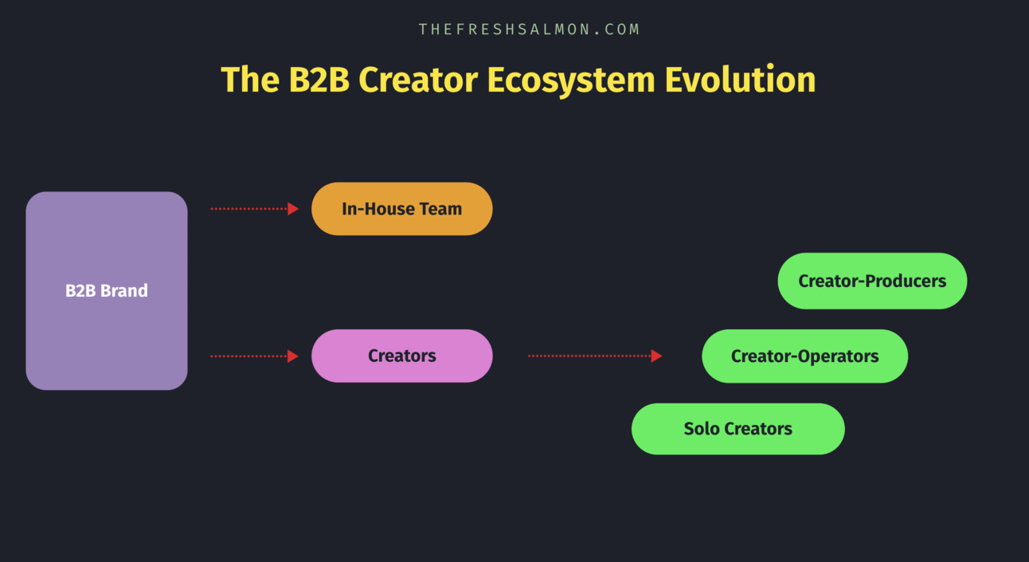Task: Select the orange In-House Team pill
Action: pyautogui.click(x=401, y=209)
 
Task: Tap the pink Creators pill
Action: pyautogui.click(x=401, y=356)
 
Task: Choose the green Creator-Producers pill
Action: pyautogui.click(x=872, y=281)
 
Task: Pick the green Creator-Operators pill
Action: pyautogui.click(x=804, y=356)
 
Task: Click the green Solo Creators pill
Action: pyautogui.click(x=738, y=429)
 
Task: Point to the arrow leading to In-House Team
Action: pyautogui.click(x=253, y=209)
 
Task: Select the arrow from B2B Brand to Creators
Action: pyautogui.click(x=253, y=356)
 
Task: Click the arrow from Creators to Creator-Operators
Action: pyautogui.click(x=593, y=356)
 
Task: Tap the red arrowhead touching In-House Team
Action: pyautogui.click(x=293, y=209)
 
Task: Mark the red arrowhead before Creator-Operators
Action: pyautogui.click(x=656, y=356)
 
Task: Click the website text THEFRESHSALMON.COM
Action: pyautogui.click(x=530, y=29)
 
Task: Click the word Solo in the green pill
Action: pyautogui.click(x=702, y=429)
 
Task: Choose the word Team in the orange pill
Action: pyautogui.click(x=440, y=209)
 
